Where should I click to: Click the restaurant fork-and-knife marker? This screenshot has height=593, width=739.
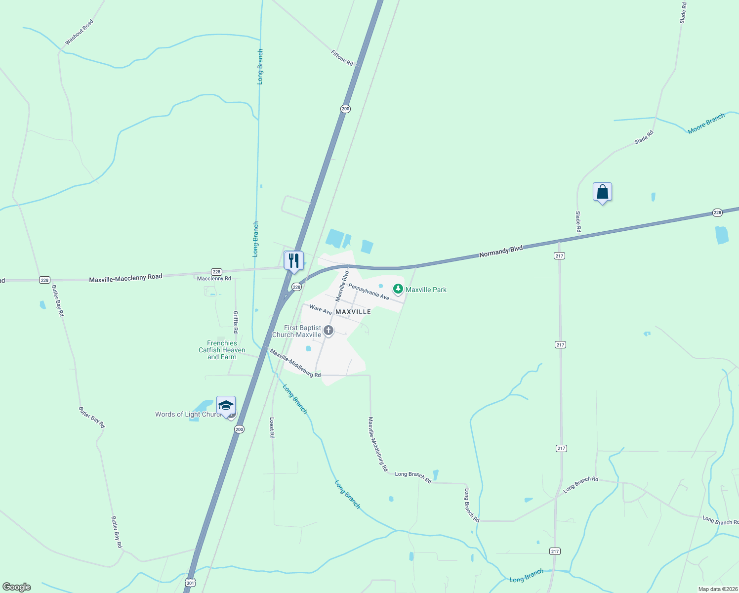pyautogui.click(x=294, y=260)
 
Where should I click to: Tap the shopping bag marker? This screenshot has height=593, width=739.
pyautogui.click(x=602, y=192)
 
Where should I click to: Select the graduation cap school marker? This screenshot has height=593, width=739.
pyautogui.click(x=226, y=406)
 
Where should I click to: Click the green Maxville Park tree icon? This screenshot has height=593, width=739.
pyautogui.click(x=398, y=289)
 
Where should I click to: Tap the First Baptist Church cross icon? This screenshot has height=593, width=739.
pyautogui.click(x=328, y=331)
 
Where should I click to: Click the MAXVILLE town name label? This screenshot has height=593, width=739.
pyautogui.click(x=353, y=312)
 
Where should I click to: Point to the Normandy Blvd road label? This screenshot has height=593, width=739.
pyautogui.click(x=500, y=252)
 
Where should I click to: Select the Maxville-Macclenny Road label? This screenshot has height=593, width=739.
pyautogui.click(x=125, y=278)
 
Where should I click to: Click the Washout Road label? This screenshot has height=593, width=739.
pyautogui.click(x=79, y=33)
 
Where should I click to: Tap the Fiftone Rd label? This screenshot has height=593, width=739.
pyautogui.click(x=342, y=58)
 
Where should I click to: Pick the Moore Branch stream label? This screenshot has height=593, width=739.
pyautogui.click(x=706, y=123)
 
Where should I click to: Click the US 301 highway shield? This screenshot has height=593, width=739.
pyautogui.click(x=191, y=583)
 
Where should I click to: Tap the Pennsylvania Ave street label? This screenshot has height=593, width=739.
pyautogui.click(x=369, y=292)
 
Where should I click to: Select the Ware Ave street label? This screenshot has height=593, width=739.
pyautogui.click(x=321, y=310)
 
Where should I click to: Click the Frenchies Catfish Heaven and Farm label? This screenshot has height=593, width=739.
pyautogui.click(x=222, y=350)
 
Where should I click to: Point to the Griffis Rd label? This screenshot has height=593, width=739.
pyautogui.click(x=236, y=322)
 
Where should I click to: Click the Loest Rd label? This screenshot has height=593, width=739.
pyautogui.click(x=272, y=428)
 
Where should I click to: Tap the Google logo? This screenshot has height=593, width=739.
pyautogui.click(x=17, y=587)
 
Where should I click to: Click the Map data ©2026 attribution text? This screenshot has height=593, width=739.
pyautogui.click(x=717, y=589)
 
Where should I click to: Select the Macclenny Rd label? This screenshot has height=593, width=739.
pyautogui.click(x=214, y=279)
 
